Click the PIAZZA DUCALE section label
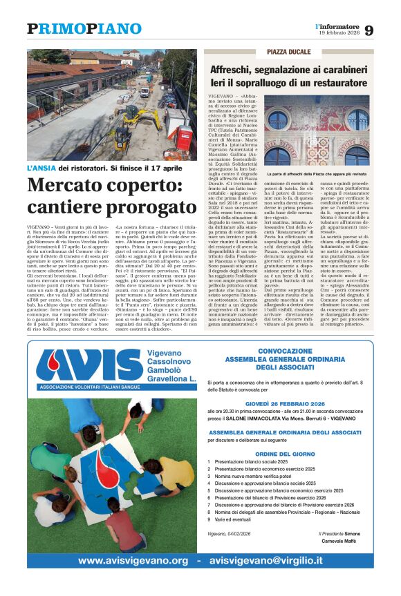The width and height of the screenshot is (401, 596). [x=288, y=52]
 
